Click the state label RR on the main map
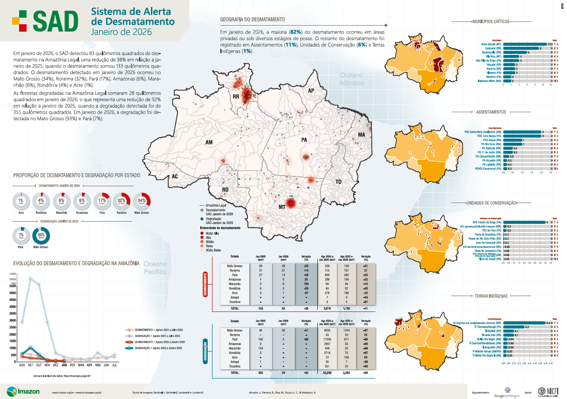tap(236, 97)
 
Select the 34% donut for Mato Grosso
tap(142, 201)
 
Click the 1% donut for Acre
tap(20, 201)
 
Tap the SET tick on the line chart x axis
tap(31, 366)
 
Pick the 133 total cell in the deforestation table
tap(260, 308)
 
